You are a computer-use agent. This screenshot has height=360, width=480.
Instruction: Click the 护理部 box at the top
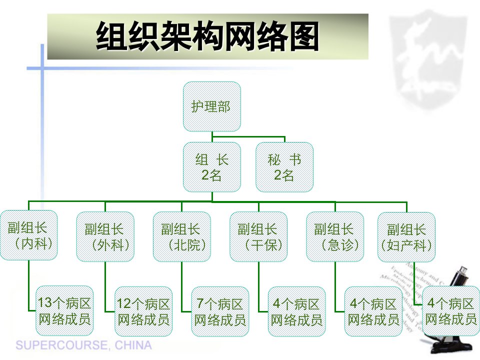tap(212, 106)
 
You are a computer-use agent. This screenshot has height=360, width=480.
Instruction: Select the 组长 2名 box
tap(212, 167)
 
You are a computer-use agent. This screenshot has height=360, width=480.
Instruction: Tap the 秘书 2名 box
tap(284, 167)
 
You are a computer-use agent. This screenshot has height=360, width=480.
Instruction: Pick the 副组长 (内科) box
tap(28, 235)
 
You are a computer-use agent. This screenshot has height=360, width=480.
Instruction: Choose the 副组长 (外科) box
tap(105, 236)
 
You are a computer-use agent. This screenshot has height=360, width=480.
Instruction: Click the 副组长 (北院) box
tap(182, 236)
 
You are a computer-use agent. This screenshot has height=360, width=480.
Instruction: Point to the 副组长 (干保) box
tap(258, 236)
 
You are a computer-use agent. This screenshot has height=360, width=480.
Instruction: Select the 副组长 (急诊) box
tap(335, 236)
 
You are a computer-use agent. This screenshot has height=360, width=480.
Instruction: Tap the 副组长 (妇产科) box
tap(406, 236)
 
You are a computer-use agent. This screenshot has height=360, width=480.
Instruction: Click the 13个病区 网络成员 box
tap(64, 310)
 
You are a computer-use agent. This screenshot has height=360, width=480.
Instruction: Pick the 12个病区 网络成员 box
tap(143, 311)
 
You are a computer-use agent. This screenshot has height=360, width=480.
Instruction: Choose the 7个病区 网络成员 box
tap(220, 311)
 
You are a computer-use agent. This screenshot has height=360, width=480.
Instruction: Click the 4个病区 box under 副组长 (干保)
tap(297, 311)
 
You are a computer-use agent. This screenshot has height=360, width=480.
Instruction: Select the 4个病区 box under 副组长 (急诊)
tap(373, 311)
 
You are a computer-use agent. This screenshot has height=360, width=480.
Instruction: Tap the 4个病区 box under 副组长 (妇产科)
tap(451, 311)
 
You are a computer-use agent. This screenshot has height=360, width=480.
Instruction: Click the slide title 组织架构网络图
tap(207, 36)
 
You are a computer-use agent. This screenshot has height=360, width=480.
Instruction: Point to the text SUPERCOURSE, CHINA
tap(83, 345)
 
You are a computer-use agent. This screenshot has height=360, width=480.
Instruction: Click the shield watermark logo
tap(428, 59)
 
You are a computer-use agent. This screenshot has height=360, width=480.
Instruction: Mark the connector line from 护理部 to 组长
tap(212, 137)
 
